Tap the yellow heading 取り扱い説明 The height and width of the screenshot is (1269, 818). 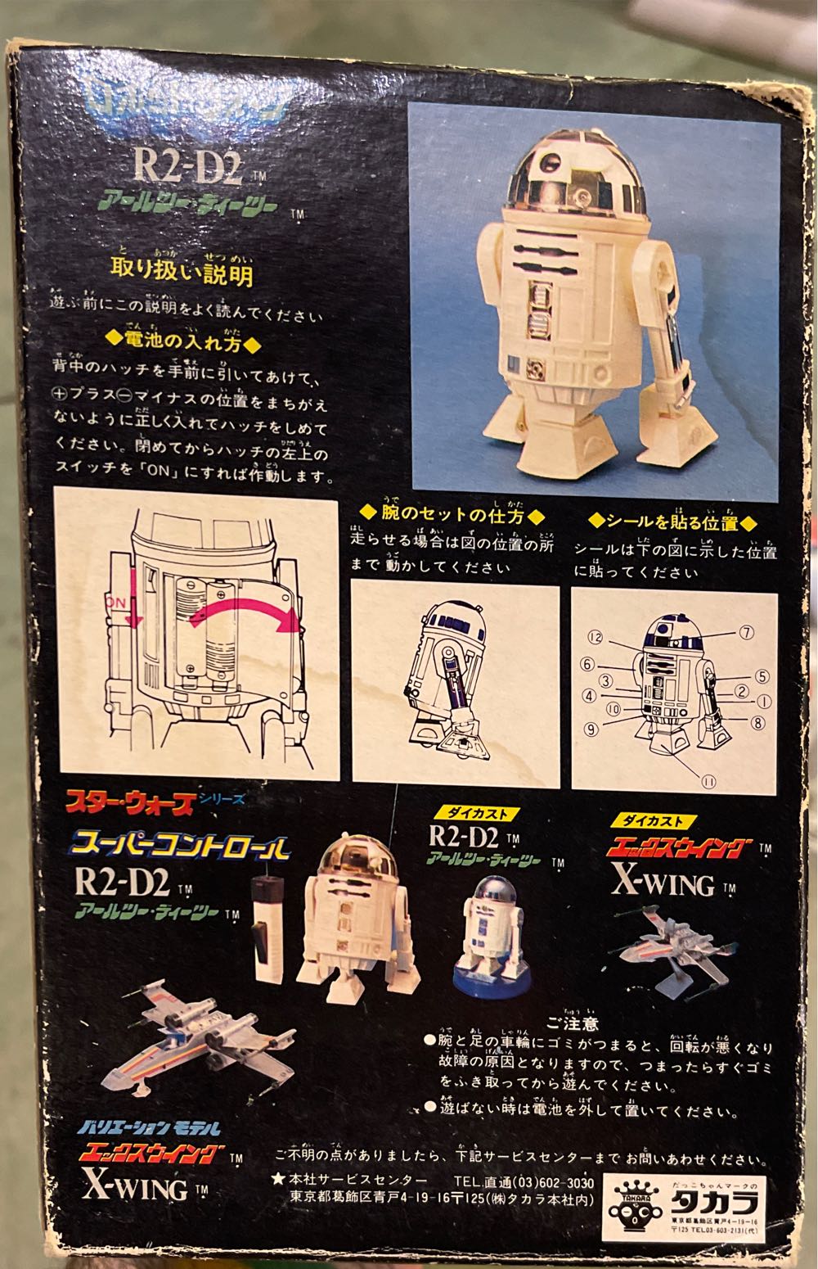tap(182, 273)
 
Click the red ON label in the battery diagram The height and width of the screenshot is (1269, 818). tap(116, 601)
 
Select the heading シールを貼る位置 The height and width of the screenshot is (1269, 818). tap(671, 522)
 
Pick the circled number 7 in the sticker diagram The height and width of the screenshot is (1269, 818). tap(746, 632)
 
